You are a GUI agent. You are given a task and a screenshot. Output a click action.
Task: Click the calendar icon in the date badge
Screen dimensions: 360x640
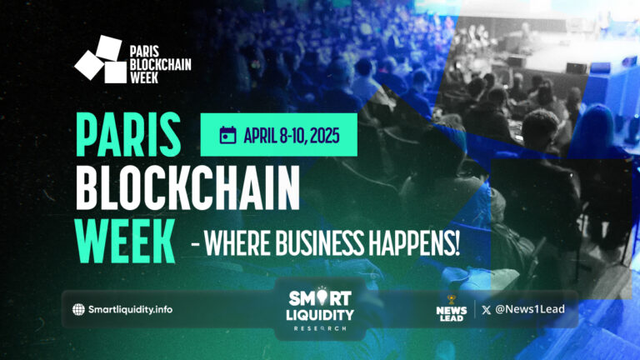227,136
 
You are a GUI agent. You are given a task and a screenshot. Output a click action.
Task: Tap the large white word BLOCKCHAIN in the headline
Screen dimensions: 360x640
187,190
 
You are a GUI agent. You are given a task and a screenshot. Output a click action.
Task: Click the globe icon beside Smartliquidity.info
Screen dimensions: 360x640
78,309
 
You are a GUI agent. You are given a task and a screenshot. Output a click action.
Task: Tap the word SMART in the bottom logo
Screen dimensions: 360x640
320,298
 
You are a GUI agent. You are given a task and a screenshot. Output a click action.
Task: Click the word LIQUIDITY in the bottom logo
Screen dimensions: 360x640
319,316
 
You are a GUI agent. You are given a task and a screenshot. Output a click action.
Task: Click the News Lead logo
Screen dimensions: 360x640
450,309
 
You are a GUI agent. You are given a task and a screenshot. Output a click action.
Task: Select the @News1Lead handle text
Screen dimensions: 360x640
534,309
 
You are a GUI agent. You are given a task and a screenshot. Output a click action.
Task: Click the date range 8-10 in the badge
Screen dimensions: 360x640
294,136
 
